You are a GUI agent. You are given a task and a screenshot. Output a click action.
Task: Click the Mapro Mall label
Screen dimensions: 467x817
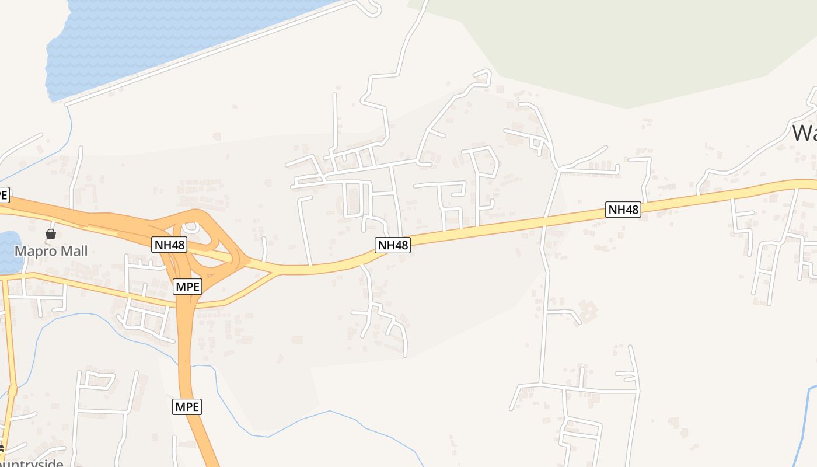[51, 252]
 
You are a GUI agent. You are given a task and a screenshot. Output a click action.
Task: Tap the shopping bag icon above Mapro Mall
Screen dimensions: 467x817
[51, 234]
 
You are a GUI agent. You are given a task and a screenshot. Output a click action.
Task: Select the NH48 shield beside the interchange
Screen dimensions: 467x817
[169, 245]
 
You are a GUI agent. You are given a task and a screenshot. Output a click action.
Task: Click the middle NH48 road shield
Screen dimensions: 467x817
[393, 245]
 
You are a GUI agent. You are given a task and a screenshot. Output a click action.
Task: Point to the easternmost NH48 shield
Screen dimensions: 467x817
[623, 210]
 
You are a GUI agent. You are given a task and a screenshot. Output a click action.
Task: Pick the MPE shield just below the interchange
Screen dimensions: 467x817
[187, 287]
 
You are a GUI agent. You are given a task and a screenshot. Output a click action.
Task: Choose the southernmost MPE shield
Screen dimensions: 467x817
[187, 407]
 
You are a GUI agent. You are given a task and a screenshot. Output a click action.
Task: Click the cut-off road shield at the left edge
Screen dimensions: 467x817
[4, 195]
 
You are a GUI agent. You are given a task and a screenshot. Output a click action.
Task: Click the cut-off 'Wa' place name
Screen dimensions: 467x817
[804, 133]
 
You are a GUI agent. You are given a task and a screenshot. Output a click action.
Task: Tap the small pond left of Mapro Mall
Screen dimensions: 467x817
[8, 251]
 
